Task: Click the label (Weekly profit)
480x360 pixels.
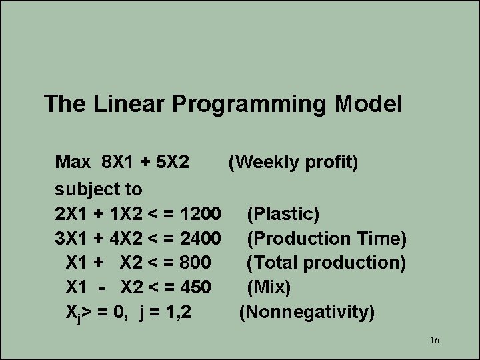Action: click(293, 162)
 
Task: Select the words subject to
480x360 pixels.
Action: click(99, 189)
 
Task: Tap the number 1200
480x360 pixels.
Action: click(201, 214)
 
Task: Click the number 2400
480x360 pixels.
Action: click(201, 238)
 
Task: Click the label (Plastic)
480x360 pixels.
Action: click(283, 214)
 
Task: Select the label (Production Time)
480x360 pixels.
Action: click(326, 238)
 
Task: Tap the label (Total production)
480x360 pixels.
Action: click(325, 262)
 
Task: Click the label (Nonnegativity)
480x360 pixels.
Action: click(307, 311)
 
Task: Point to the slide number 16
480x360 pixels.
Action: click(434, 341)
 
